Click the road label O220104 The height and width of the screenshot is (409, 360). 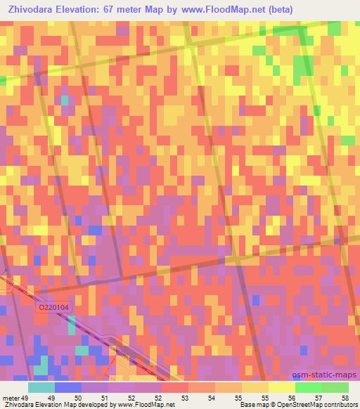53,307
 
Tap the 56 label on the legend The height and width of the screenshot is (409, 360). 290,397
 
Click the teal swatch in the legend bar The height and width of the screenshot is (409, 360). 41,387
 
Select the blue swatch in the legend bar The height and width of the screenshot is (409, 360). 68,387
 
